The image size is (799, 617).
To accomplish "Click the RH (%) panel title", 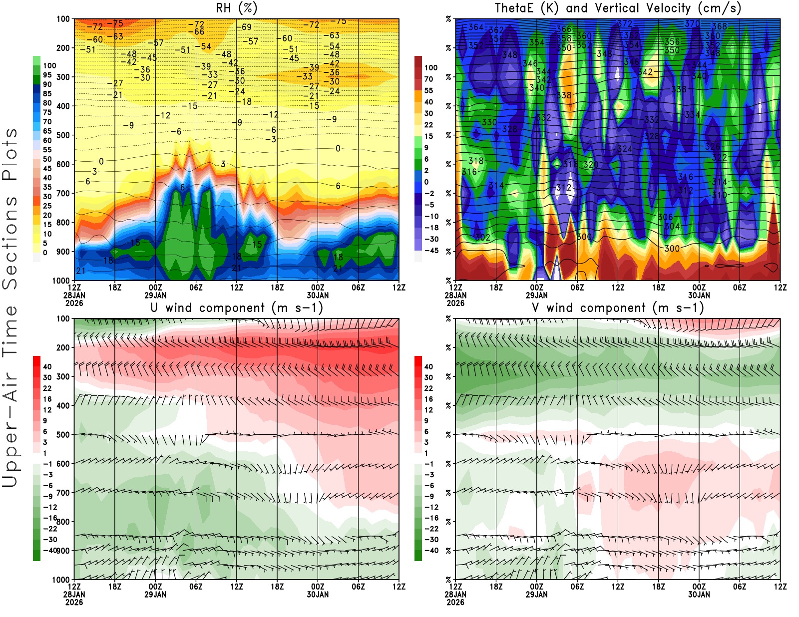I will click(236, 8).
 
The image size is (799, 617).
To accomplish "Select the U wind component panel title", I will click(237, 308).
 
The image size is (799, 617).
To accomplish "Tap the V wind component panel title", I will click(618, 308).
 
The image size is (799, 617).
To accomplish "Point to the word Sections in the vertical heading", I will click(10, 243).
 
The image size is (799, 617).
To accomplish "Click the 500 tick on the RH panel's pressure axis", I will click(63, 135).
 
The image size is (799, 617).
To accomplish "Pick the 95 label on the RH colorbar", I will click(47, 75).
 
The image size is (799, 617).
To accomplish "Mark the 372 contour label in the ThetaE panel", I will click(625, 23).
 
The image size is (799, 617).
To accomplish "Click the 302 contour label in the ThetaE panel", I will click(482, 237).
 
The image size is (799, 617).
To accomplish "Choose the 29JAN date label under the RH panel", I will click(155, 295).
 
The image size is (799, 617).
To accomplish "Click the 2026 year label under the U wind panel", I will click(74, 602).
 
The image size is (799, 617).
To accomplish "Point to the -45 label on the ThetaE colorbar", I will click(431, 251).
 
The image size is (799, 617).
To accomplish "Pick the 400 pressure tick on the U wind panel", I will click(63, 406).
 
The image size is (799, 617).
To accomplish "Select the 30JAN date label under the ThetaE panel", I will click(699, 295).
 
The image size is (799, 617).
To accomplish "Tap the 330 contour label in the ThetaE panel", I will click(489, 122).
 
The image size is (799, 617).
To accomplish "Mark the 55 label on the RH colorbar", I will click(47, 149).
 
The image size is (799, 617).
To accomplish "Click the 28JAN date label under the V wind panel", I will click(455, 595).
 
